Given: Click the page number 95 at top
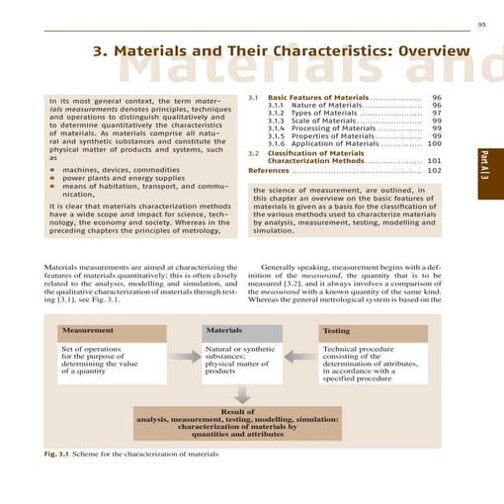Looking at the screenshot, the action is (483, 24).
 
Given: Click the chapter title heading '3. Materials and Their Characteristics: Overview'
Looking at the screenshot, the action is (280, 50).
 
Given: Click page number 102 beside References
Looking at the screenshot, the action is (434, 170).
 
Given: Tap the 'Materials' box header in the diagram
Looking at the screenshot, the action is (223, 330).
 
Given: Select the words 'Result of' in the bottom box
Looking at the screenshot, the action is (237, 411).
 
